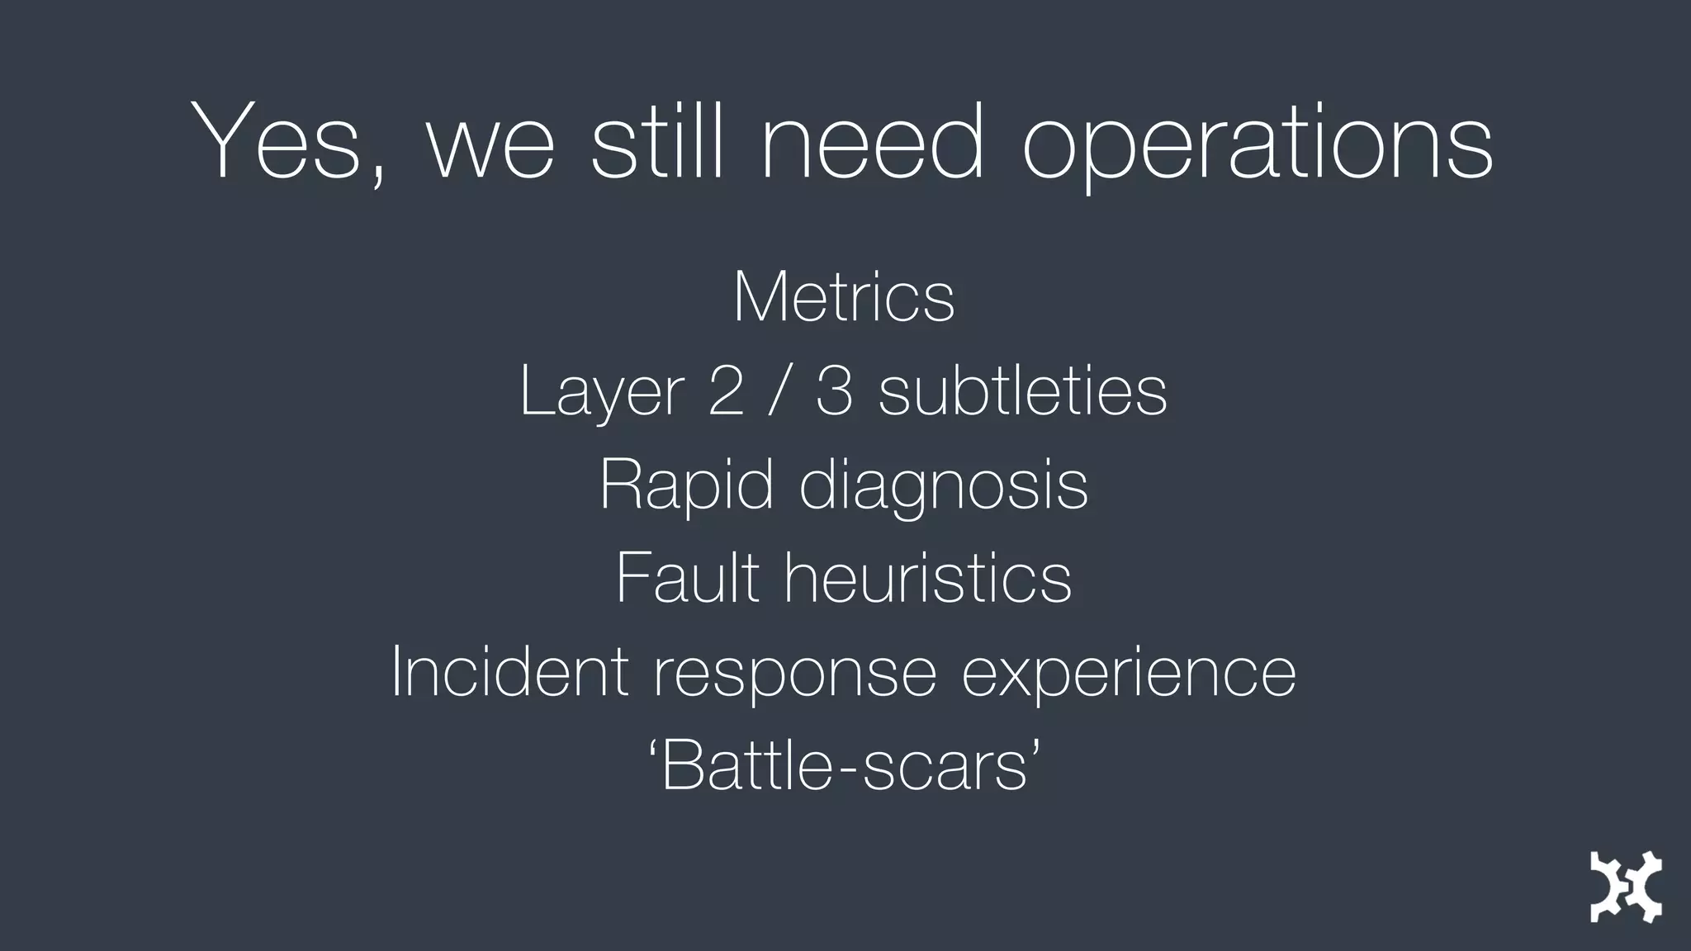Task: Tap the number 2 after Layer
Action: (726, 390)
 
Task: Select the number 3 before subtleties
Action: (834, 390)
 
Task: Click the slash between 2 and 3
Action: (778, 390)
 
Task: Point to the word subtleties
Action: (1022, 390)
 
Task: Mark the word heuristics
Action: (927, 578)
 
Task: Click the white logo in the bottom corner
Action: (1625, 886)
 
